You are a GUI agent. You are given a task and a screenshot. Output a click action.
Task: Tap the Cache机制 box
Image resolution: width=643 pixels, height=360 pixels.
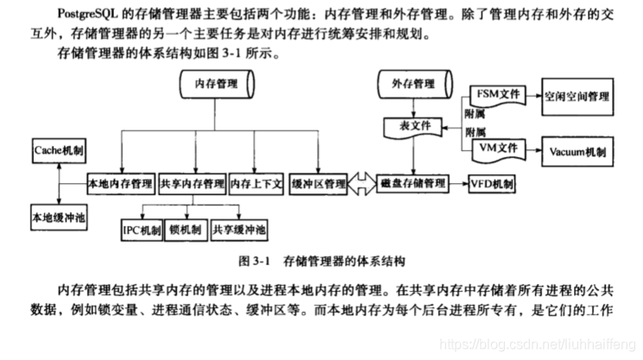(58, 148)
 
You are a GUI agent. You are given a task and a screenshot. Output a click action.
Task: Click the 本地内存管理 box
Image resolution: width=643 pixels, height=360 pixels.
(121, 184)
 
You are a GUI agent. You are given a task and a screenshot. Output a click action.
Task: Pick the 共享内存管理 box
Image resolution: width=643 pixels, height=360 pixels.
(192, 184)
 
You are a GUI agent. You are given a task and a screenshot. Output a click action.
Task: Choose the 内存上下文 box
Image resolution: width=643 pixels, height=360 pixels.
(255, 184)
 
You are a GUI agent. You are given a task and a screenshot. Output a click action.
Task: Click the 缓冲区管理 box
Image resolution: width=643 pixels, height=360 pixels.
(319, 184)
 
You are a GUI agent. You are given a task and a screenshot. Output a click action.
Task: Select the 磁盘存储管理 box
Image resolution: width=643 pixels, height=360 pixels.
(412, 184)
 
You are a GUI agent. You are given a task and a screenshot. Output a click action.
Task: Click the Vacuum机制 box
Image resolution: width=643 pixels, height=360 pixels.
(577, 151)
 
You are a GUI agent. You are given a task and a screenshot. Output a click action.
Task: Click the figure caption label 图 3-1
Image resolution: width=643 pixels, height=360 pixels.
(255, 260)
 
